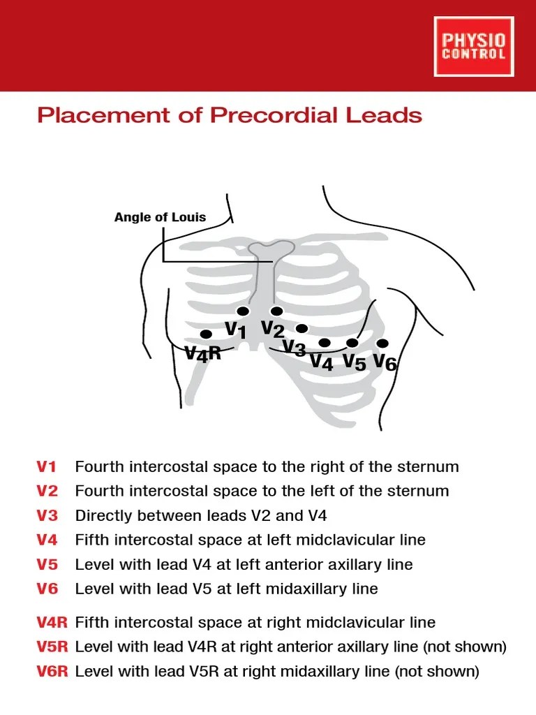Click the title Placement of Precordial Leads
pos(230,115)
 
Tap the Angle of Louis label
pos(160,217)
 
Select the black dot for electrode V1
pos(243,311)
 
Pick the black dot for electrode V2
pos(276,311)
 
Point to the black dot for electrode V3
pos(301,328)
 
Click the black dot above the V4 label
pos(325,343)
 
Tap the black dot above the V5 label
pos(352,343)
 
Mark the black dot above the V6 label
pos(382,343)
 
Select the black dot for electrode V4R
pos(206,334)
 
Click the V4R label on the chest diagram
pos(203,354)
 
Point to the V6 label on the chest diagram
pos(385,362)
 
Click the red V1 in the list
pos(47,466)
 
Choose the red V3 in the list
pos(47,515)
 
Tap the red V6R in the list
pos(52,672)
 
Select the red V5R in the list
pos(52,647)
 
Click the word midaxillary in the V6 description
pos(338,589)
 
